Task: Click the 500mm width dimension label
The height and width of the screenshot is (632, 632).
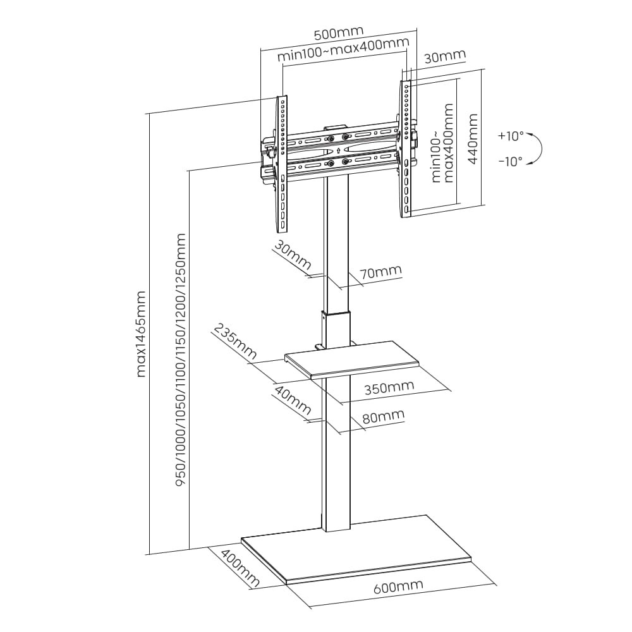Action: click(x=339, y=32)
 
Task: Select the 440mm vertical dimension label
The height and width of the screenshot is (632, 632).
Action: click(x=472, y=138)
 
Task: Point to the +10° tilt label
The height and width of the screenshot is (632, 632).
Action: click(x=511, y=136)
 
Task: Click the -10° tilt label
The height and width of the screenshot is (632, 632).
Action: click(x=511, y=161)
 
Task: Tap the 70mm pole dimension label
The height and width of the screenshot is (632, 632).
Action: click(x=380, y=272)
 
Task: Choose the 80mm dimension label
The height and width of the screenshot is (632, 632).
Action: click(x=383, y=416)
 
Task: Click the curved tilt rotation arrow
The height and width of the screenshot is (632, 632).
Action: click(x=538, y=149)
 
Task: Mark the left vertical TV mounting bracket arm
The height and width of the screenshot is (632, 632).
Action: click(x=281, y=164)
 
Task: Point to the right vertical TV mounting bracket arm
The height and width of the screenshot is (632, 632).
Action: click(x=406, y=149)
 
